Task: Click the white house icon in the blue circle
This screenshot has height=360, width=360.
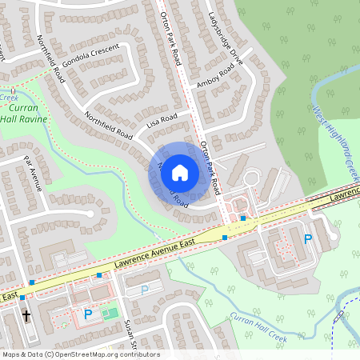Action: [180, 171]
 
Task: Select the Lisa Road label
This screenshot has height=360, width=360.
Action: [162, 121]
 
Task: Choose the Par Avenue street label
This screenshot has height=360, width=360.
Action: [35, 174]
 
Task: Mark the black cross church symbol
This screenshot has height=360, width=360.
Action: [26, 316]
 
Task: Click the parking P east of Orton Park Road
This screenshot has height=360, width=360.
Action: [308, 238]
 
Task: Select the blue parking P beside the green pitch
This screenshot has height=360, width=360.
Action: [88, 315]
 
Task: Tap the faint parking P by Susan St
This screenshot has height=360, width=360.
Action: [145, 290]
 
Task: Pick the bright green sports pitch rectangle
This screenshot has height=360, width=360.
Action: [109, 313]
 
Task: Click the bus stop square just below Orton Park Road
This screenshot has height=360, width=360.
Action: [242, 218]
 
